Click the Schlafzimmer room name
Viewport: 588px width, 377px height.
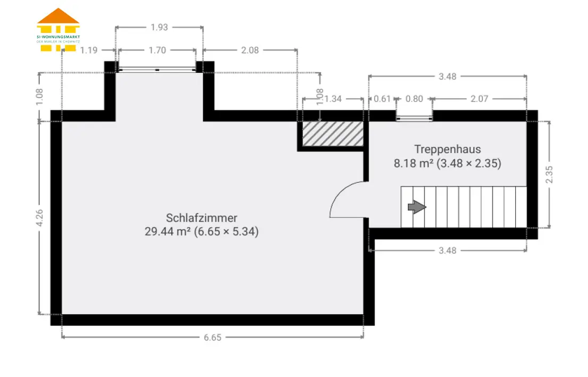pyautogui.click(x=201, y=218)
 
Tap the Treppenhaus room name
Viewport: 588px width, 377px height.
pyautogui.click(x=447, y=149)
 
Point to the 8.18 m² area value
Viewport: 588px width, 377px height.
pyautogui.click(x=413, y=164)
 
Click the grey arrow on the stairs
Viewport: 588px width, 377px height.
pyautogui.click(x=417, y=207)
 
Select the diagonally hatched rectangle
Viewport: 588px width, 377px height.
pyautogui.click(x=333, y=133)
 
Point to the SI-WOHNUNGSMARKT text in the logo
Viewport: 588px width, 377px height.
pyautogui.click(x=58, y=37)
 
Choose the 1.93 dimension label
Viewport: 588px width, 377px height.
pyautogui.click(x=159, y=27)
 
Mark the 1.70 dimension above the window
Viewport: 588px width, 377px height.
pyautogui.click(x=157, y=51)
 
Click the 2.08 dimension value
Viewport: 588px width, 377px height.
pyautogui.click(x=250, y=51)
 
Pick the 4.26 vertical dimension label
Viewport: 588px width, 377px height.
pyautogui.click(x=39, y=218)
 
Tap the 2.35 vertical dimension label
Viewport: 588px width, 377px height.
pyautogui.click(x=549, y=174)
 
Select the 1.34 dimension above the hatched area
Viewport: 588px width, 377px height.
pyautogui.click(x=333, y=99)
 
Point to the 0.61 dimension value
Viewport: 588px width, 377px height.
pyautogui.click(x=382, y=99)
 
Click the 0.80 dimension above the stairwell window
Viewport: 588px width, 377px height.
pyautogui.click(x=414, y=99)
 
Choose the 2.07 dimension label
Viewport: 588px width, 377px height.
pyautogui.click(x=479, y=99)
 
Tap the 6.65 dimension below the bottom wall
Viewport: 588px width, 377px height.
pyautogui.click(x=212, y=338)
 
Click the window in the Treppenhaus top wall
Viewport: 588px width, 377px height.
pyautogui.click(x=414, y=119)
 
